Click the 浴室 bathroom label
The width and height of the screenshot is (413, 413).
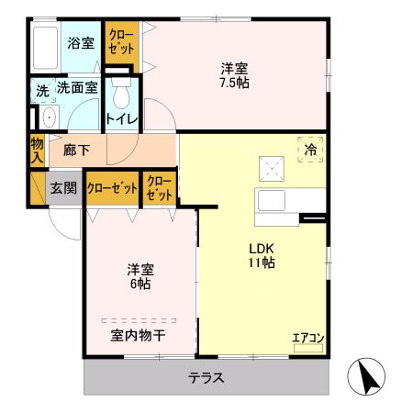click(x=81, y=42)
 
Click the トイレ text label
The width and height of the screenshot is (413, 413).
click(x=122, y=118)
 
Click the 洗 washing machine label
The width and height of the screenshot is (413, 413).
click(x=41, y=90)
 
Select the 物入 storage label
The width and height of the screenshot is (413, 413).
click(x=36, y=150)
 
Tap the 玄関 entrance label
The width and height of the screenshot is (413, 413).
click(x=62, y=188)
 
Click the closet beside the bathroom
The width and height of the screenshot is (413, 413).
click(x=121, y=46)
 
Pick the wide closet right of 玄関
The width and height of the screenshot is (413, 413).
click(x=112, y=188)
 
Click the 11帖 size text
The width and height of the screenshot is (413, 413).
click(x=259, y=263)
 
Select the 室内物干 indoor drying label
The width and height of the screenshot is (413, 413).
click(x=138, y=336)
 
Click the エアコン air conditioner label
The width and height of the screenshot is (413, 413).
click(x=308, y=339)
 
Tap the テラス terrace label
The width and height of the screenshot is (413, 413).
click(x=206, y=377)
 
